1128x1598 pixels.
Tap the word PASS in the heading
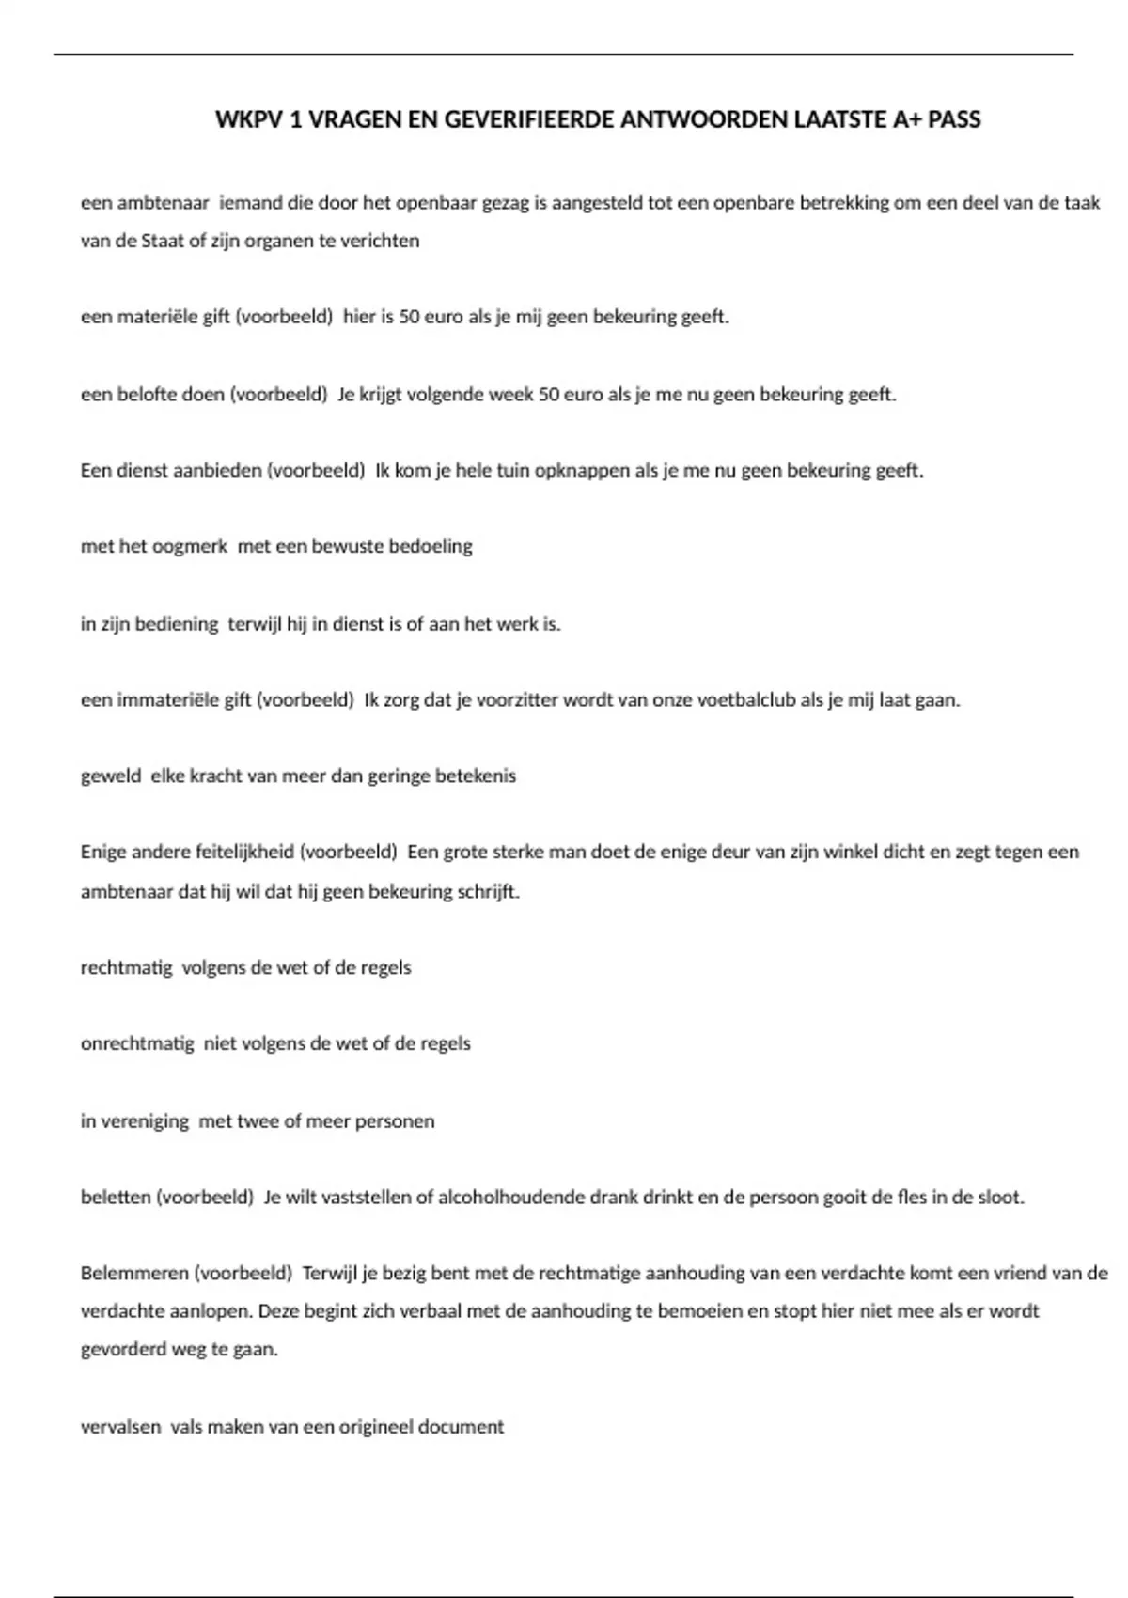pos(954,119)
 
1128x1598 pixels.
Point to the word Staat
pos(163,241)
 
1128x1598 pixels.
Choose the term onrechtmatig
pos(137,1043)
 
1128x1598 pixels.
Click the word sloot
pos(999,1198)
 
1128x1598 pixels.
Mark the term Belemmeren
pos(133,1274)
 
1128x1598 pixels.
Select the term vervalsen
pos(120,1427)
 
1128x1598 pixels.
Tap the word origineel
pos(375,1427)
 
